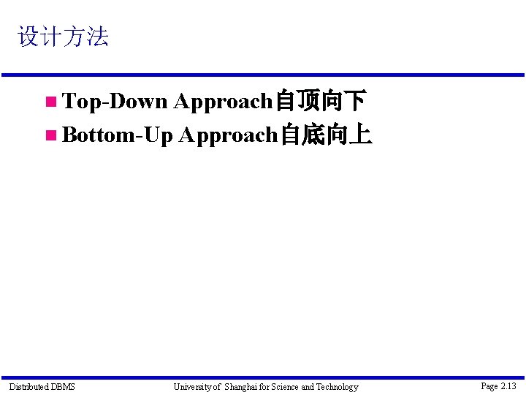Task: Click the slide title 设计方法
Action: tap(63, 37)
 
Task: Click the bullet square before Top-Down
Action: tap(50, 102)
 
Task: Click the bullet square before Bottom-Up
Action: tap(50, 135)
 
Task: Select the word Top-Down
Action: tap(115, 101)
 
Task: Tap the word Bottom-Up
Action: tap(118, 135)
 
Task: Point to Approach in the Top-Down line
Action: tap(223, 102)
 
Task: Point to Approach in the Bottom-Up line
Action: tap(229, 135)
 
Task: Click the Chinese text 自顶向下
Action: tap(320, 101)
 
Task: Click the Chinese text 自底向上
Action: tap(327, 135)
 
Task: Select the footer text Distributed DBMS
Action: tap(42, 386)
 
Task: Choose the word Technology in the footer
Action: tap(337, 386)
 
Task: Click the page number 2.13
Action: tap(508, 385)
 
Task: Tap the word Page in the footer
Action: tap(489, 385)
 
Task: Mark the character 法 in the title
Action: tap(97, 37)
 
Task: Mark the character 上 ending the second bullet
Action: tap(361, 135)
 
